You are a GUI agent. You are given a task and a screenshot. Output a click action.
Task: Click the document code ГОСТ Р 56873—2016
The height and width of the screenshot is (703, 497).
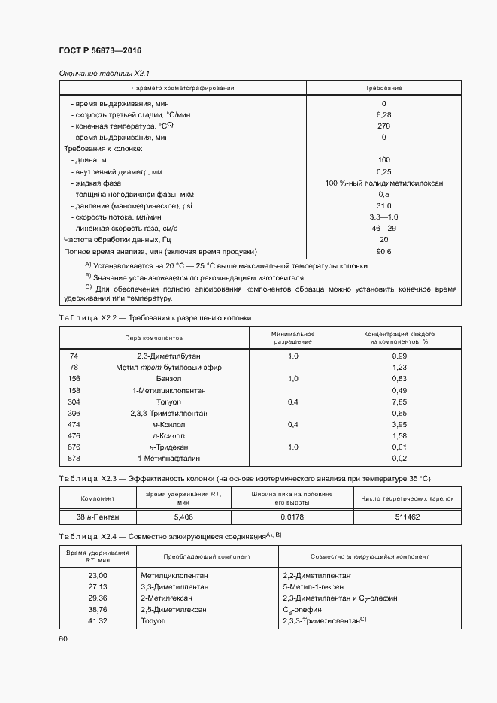click(100, 50)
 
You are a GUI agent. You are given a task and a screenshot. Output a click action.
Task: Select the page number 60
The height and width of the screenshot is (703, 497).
click(63, 638)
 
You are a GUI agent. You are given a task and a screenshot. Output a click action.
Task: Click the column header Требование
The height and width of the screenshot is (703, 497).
click(383, 88)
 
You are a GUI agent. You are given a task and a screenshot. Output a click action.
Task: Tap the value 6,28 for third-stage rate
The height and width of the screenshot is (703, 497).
click(383, 114)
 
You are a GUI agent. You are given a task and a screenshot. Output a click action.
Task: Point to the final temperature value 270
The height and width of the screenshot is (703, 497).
click(383, 126)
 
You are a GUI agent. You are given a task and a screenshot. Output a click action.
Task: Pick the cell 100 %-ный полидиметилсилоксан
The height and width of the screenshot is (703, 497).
click(383, 183)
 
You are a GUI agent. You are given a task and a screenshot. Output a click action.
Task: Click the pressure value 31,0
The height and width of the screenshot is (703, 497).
click(383, 205)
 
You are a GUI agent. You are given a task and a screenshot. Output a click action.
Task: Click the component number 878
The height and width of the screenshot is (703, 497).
click(74, 458)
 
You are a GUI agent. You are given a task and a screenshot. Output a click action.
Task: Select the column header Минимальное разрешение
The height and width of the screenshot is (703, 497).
click(292, 337)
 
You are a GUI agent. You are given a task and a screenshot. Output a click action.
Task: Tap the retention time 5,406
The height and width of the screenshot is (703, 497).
click(183, 517)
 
